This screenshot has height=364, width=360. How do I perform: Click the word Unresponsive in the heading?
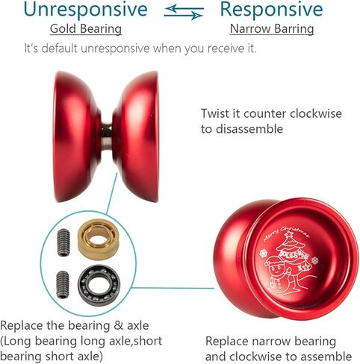[85, 10]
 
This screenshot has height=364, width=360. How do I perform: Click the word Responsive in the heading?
[271, 10]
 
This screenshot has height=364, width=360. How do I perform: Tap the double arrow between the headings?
[184, 12]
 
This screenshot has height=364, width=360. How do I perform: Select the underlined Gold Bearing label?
[86, 29]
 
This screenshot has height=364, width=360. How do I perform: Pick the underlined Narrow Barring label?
[272, 29]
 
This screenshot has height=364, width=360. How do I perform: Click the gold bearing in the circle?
[99, 239]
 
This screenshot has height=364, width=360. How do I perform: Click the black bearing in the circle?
[99, 286]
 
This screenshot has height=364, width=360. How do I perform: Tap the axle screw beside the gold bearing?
[63, 242]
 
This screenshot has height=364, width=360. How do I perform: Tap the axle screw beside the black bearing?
[62, 284]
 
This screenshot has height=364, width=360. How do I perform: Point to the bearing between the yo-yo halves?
[107, 136]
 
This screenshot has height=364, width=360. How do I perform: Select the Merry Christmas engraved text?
[286, 233]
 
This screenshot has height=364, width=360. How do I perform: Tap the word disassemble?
[249, 129]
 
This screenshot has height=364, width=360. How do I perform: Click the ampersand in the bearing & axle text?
[119, 326]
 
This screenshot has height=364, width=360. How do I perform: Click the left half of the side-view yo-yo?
[76, 136]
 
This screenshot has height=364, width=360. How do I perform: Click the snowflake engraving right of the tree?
[314, 260]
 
